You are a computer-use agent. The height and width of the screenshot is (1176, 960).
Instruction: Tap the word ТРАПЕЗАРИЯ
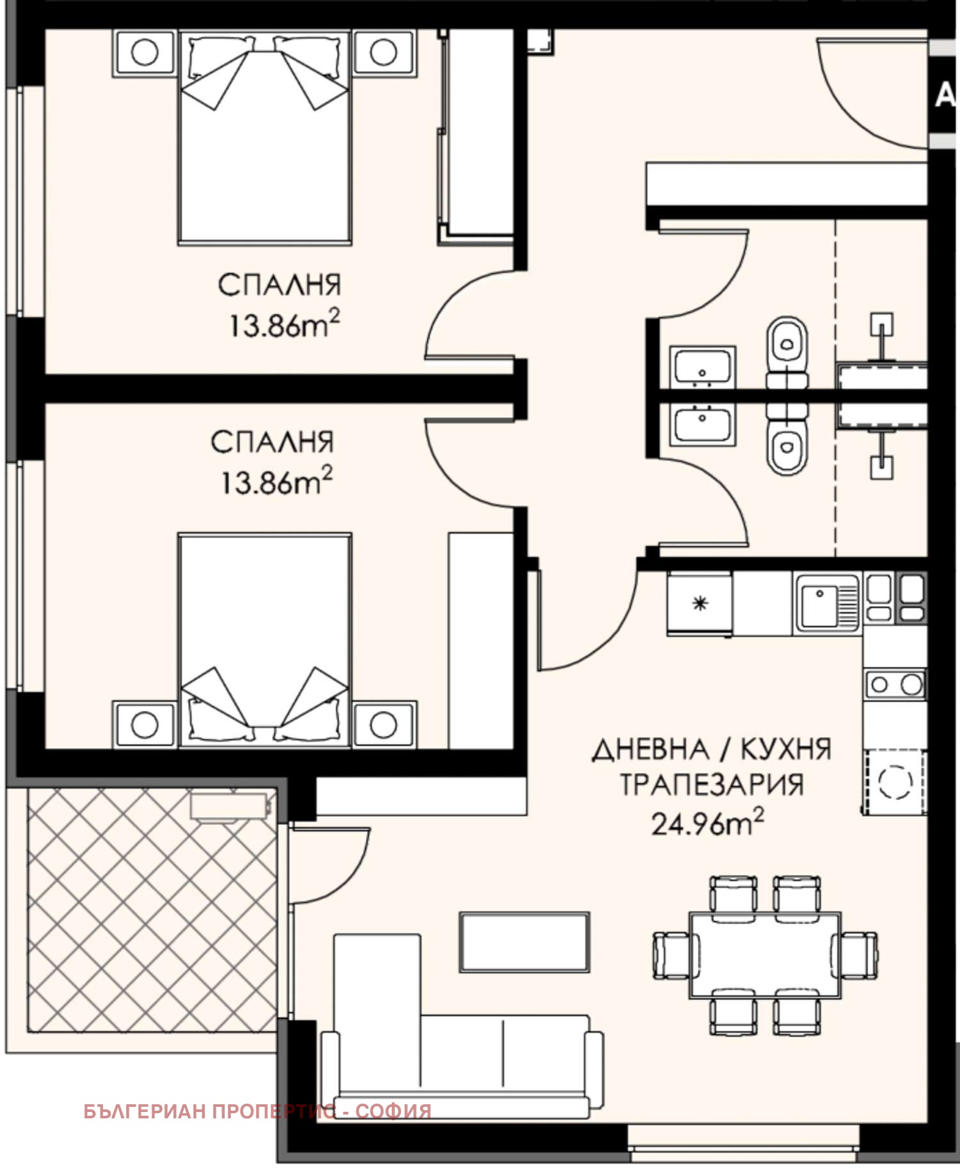(711, 785)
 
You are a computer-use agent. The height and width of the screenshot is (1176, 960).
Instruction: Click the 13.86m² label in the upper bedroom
(284, 325)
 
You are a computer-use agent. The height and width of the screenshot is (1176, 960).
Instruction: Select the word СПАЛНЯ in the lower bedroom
(273, 443)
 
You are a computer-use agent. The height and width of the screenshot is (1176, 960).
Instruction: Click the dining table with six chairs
(765, 955)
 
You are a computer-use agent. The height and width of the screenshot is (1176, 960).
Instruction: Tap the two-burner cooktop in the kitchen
(895, 685)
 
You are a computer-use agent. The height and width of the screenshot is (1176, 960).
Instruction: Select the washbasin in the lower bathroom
(702, 425)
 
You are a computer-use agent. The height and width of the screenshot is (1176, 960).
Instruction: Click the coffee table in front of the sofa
(524, 942)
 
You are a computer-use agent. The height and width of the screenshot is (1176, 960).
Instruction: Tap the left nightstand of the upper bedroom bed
(145, 53)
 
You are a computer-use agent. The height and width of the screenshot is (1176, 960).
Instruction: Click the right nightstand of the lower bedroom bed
(384, 724)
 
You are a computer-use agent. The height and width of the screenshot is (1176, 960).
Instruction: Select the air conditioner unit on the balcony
(228, 805)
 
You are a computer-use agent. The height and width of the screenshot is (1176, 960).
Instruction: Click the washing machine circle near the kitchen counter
(895, 781)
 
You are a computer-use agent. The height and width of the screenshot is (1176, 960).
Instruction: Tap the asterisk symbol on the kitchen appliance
(700, 602)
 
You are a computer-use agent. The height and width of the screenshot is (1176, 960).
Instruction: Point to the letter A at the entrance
(945, 96)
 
